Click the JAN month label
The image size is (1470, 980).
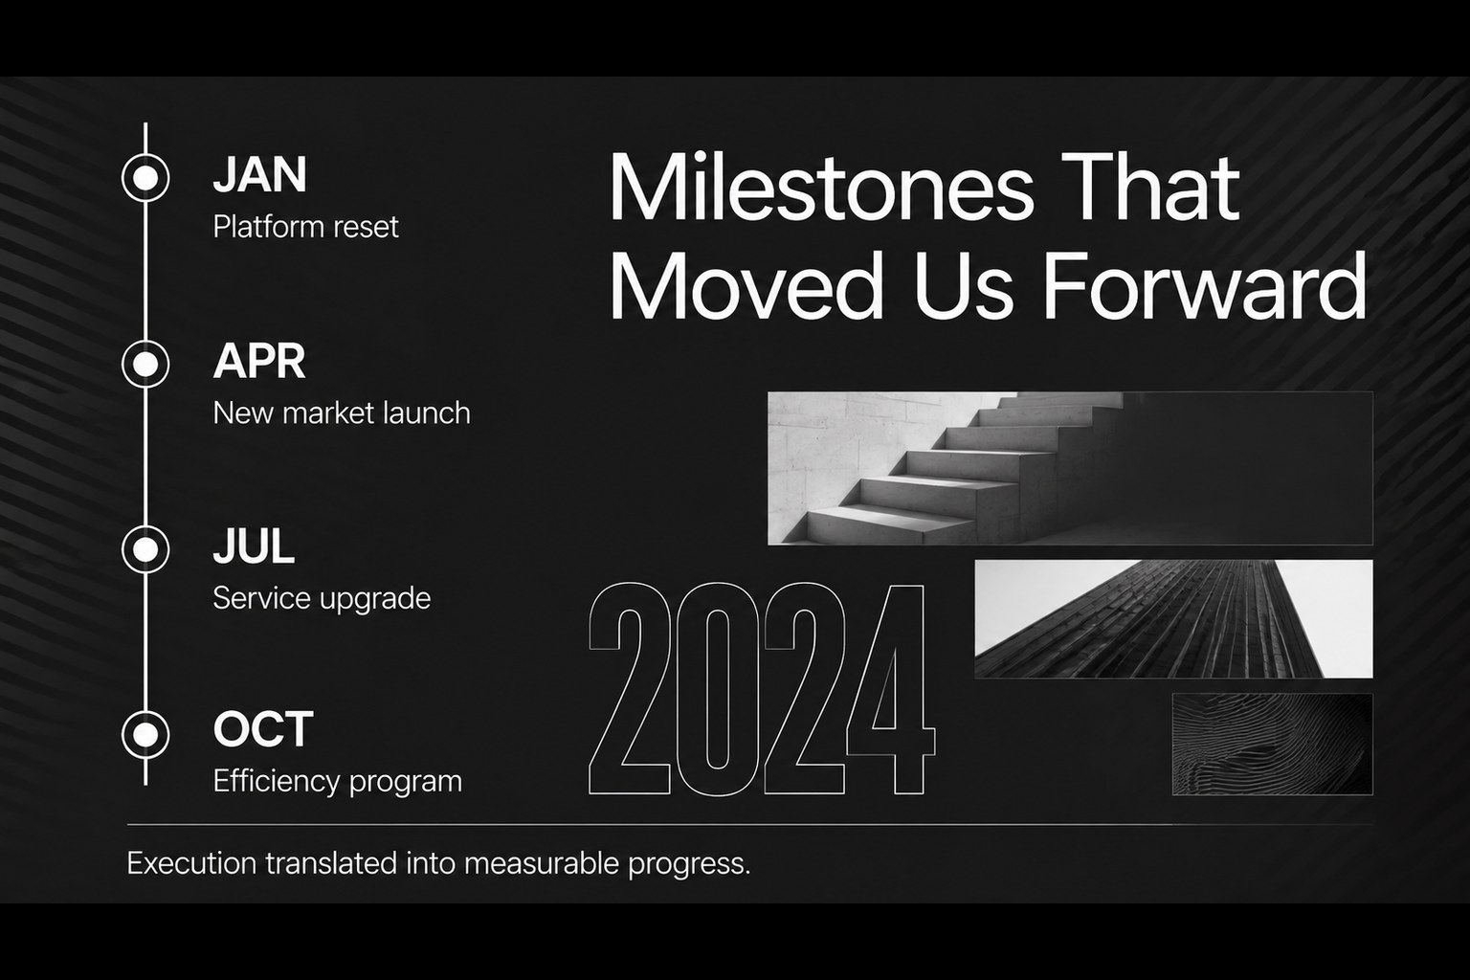coord(260,174)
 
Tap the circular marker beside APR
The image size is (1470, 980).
coord(145,364)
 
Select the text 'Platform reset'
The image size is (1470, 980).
coord(306,227)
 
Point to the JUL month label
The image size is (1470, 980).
coord(254,546)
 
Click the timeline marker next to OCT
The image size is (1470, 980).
coord(145,734)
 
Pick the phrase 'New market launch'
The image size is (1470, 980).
coord(342,413)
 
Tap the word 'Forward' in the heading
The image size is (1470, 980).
coord(1205,286)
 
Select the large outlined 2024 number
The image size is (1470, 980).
coord(761,688)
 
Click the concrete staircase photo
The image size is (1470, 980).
coord(1070,468)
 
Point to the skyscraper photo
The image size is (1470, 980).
coord(1173,619)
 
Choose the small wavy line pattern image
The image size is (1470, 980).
coord(1273,745)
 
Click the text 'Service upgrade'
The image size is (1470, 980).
coord(322,599)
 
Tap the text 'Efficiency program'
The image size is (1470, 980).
coord(337,782)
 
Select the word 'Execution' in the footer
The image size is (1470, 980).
coord(191,863)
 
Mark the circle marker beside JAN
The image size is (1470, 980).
coord(145,177)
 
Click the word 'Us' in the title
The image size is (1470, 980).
coord(964,286)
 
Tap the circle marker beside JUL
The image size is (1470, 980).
coord(145,548)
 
